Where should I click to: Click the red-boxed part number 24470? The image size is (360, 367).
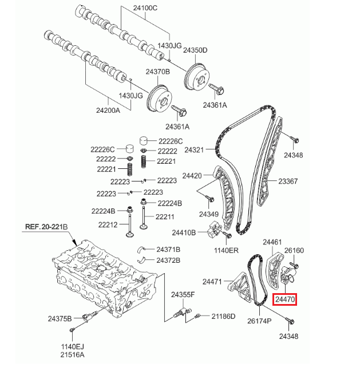(x=284, y=299)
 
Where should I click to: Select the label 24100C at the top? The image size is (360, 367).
(x=145, y=8)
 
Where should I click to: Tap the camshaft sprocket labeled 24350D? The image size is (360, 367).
(x=197, y=77)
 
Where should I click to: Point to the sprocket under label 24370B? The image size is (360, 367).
(x=160, y=99)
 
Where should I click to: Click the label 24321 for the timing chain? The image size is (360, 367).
(x=194, y=150)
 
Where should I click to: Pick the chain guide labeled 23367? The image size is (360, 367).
(x=269, y=161)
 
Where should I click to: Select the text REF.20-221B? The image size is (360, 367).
(x=46, y=227)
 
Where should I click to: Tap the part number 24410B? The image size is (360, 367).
(x=184, y=232)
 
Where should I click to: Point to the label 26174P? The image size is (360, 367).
(x=259, y=321)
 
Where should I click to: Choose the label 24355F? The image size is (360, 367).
(x=183, y=294)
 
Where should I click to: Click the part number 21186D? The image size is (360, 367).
(x=223, y=317)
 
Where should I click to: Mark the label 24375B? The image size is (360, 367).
(x=60, y=318)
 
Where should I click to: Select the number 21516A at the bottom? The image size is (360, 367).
(x=72, y=355)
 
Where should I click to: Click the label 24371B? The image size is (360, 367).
(x=168, y=250)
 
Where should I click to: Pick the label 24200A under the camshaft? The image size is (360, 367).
(x=108, y=110)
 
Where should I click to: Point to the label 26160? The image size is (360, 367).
(x=294, y=250)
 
